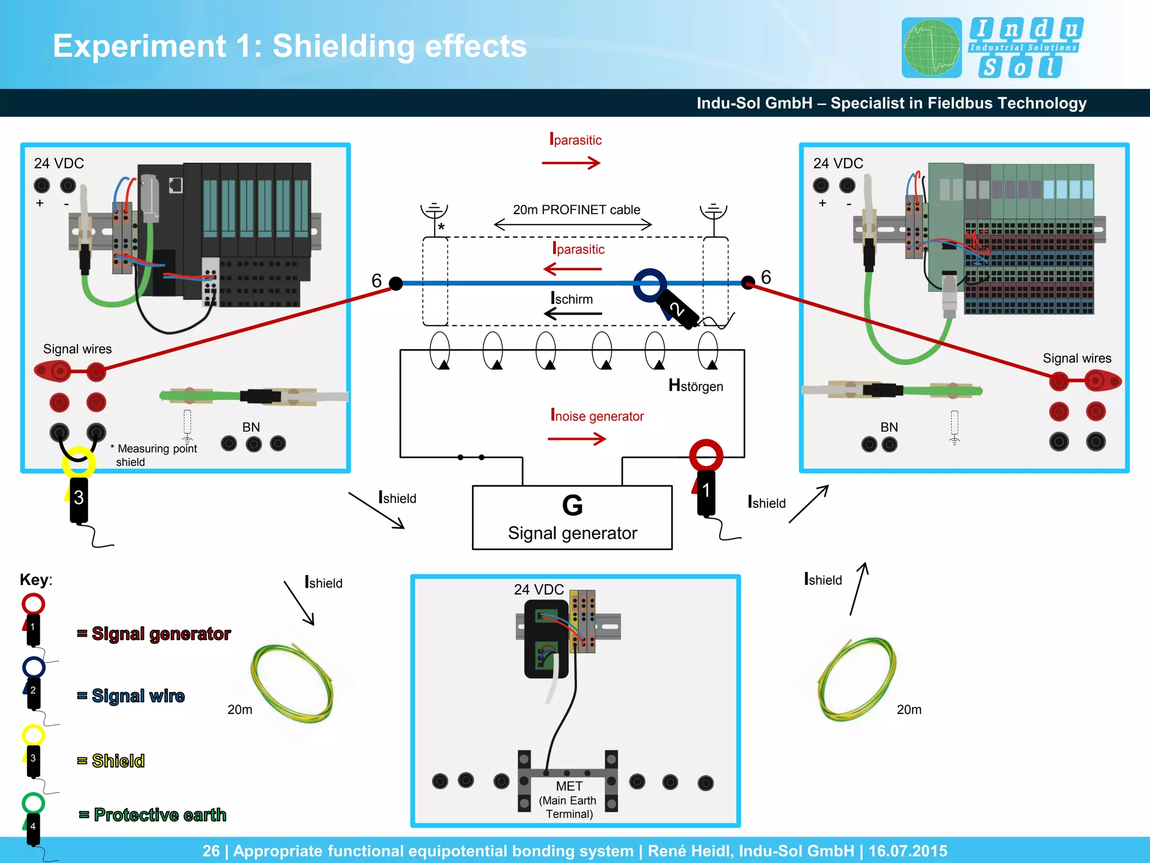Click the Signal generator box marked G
(x=572, y=517)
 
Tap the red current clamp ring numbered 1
(x=706, y=455)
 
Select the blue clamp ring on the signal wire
(x=650, y=284)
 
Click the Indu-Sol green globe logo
(x=932, y=48)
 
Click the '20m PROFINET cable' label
(x=576, y=210)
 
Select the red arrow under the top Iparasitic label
(x=571, y=163)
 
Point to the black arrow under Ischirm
(x=573, y=314)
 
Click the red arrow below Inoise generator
(x=577, y=438)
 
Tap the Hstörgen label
(x=695, y=385)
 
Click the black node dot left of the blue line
(x=396, y=284)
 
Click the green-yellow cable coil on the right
(x=857, y=679)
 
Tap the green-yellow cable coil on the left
(x=292, y=683)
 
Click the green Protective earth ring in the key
(x=33, y=802)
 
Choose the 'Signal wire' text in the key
(x=138, y=696)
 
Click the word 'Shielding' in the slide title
(x=344, y=46)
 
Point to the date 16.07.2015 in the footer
(x=907, y=851)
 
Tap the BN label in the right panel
(x=889, y=427)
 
